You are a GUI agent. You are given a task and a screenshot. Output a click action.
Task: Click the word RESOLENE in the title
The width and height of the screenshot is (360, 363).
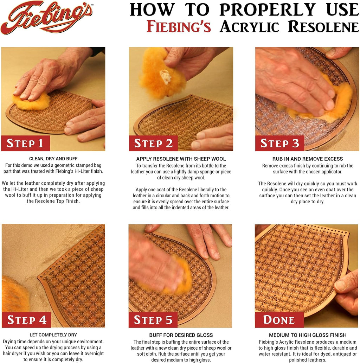click(323, 27)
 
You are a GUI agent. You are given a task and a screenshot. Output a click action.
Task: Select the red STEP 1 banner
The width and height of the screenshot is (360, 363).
click(25, 143)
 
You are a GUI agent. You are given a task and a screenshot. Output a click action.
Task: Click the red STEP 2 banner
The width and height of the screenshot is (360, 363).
click(153, 143)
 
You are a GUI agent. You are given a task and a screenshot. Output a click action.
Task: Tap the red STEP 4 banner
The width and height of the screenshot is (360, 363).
click(26, 320)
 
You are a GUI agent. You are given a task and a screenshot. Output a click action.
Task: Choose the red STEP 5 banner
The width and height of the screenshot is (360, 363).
click(153, 320)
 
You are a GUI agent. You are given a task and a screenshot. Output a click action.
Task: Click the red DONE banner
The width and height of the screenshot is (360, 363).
click(279, 320)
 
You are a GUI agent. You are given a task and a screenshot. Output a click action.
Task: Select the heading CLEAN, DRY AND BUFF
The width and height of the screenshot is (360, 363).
click(53, 159)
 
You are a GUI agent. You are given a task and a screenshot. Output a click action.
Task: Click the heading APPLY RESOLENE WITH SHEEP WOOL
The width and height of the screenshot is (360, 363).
click(181, 159)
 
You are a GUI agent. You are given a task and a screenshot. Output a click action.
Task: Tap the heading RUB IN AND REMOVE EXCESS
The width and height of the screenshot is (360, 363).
click(308, 159)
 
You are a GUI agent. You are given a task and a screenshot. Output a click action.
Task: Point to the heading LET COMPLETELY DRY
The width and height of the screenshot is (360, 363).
click(53, 335)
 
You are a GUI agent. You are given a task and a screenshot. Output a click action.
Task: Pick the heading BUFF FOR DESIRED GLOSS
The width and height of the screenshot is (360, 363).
click(181, 335)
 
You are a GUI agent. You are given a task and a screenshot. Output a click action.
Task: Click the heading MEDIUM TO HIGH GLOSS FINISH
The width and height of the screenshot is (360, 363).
click(308, 335)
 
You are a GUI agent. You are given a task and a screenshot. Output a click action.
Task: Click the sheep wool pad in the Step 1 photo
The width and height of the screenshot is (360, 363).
click(32, 102)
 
